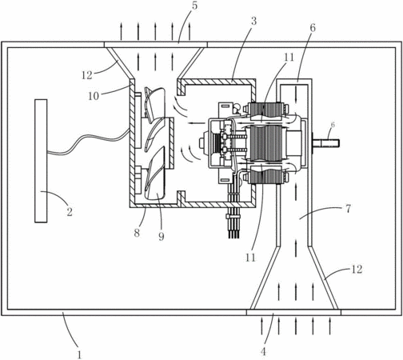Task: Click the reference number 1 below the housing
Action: [79, 354]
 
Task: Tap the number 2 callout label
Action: [70, 212]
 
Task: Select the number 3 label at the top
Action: [253, 22]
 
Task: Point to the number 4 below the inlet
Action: [263, 351]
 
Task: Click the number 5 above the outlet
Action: [195, 6]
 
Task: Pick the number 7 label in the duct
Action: [348, 209]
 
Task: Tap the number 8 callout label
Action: [137, 233]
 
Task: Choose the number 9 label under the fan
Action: [162, 236]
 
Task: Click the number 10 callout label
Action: [94, 96]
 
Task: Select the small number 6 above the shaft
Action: [333, 125]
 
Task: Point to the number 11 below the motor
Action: [250, 258]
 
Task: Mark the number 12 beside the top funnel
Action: [87, 75]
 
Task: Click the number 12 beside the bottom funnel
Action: [357, 270]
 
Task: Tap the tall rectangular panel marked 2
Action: [41, 161]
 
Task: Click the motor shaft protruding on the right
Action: [325, 143]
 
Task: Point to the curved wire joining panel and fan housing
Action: [88, 142]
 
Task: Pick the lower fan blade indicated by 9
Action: [155, 176]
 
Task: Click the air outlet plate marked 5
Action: [156, 45]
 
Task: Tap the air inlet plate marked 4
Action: [293, 313]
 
